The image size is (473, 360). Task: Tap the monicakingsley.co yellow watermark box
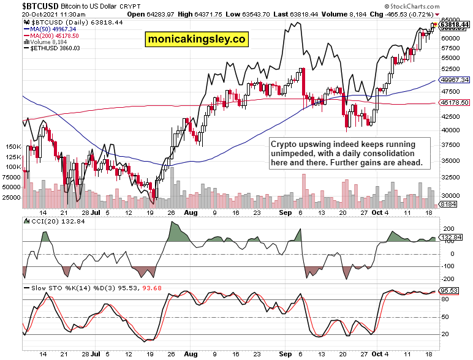click(x=197, y=40)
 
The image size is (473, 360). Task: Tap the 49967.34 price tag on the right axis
click(x=455, y=80)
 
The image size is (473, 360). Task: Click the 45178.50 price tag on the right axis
click(x=455, y=102)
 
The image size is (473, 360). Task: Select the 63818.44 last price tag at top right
click(x=455, y=24)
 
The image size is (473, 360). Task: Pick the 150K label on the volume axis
click(x=13, y=147)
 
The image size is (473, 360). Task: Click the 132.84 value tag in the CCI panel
click(x=452, y=237)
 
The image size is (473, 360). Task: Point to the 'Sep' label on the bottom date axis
click(x=285, y=353)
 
